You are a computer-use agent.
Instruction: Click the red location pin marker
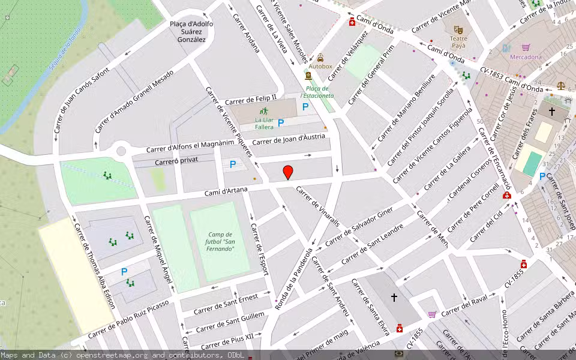pos(288,172)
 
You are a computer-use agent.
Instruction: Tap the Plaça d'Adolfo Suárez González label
pos(191,32)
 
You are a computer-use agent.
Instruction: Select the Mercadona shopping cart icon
pos(526,47)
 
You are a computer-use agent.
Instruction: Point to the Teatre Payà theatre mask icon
pos(458,29)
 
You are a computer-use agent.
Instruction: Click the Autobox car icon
pos(320,58)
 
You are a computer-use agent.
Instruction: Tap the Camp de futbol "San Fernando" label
pos(221,241)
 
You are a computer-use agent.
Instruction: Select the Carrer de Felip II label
pos(251,99)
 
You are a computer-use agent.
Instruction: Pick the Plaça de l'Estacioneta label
pos(317,92)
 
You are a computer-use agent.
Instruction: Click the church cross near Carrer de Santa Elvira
pos(394,297)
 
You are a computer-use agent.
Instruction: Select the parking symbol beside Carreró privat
pos(233,164)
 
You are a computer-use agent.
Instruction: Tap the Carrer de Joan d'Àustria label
pos(288,140)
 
